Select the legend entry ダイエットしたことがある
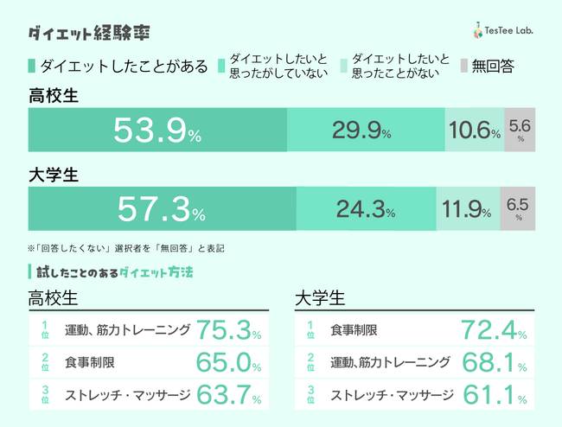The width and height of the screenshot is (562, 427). tap(118, 66)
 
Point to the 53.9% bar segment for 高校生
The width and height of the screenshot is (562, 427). tap(157, 131)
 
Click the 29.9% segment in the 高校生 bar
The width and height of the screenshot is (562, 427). tap(366, 131)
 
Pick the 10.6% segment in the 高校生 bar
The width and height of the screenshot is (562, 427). tap(473, 131)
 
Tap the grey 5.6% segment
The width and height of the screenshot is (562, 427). tap(519, 131)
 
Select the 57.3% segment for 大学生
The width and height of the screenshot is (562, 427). tap(162, 210)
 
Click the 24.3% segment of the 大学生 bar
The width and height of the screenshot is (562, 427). tap(366, 210)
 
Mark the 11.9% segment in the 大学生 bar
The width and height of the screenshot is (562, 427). tap(467, 210)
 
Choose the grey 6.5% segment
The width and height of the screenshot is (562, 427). tap(518, 210)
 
